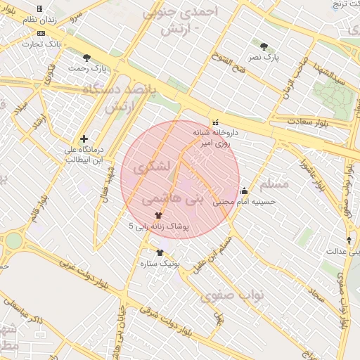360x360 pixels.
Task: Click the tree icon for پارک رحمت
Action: coord(86,58)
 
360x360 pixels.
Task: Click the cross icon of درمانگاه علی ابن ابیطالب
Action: coord(83,139)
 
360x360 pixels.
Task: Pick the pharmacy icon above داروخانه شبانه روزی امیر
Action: coord(215,121)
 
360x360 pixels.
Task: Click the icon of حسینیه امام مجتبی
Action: coord(244,190)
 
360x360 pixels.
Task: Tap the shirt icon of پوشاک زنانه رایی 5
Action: coord(157,216)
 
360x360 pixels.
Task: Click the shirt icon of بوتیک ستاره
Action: coord(160,252)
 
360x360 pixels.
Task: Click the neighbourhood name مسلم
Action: coord(274,184)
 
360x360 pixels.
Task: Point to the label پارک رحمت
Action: coord(88,69)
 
